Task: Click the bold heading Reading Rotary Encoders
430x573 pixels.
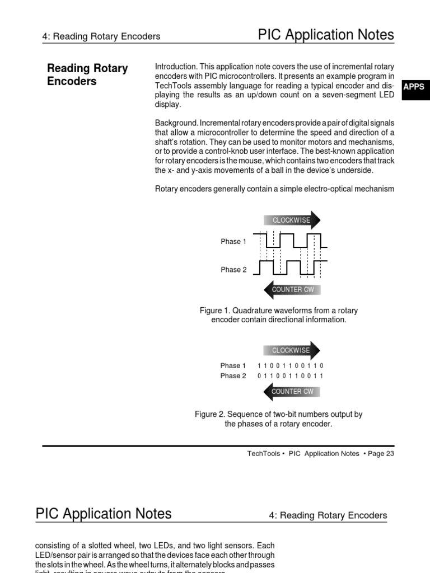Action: [87, 75]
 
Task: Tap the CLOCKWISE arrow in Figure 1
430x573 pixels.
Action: [292, 220]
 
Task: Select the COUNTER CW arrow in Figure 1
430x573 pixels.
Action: [292, 289]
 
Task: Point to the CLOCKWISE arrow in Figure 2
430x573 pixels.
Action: [292, 350]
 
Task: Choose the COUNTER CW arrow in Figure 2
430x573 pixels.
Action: [292, 392]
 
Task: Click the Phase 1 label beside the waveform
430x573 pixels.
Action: [233, 242]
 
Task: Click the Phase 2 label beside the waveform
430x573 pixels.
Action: [233, 270]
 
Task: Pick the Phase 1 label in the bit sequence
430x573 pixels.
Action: [233, 366]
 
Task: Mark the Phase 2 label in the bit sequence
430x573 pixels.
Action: [233, 376]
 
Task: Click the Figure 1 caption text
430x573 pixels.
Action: [278, 315]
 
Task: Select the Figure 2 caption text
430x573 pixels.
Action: [278, 419]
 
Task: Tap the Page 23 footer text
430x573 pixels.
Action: [381, 454]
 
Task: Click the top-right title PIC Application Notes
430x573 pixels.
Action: [326, 35]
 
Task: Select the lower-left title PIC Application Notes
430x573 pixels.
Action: [104, 514]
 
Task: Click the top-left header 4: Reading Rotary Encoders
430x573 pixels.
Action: [101, 36]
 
